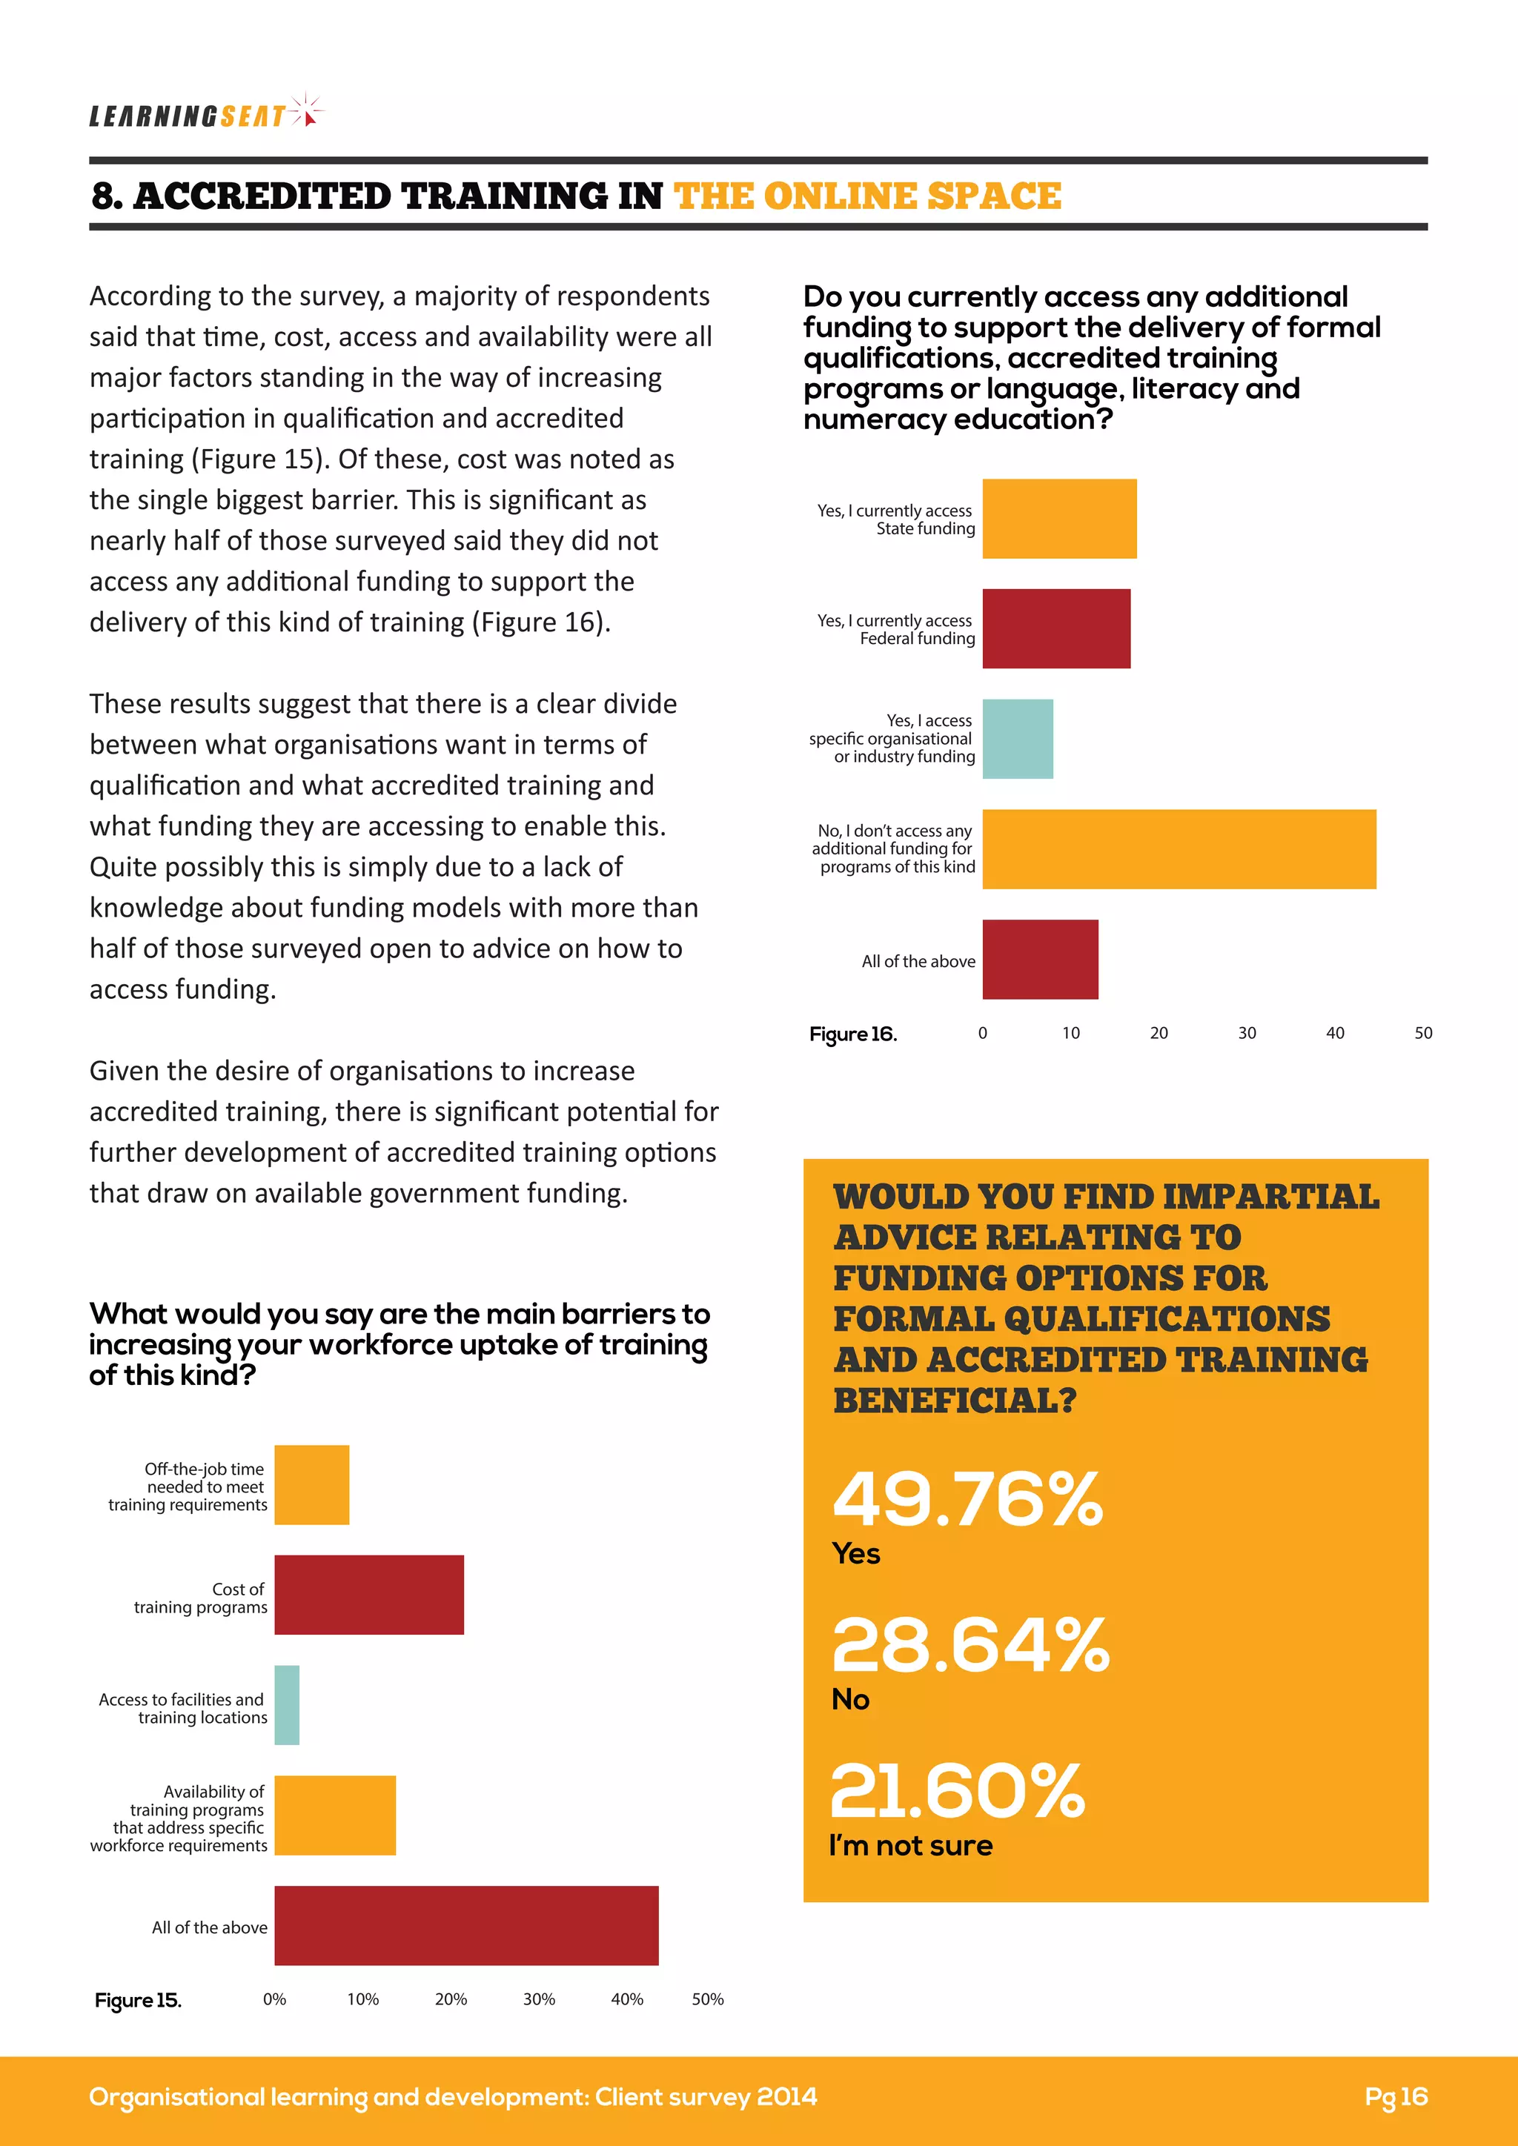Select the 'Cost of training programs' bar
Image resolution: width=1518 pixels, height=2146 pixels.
369,1595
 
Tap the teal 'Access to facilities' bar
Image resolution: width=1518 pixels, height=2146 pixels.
287,1705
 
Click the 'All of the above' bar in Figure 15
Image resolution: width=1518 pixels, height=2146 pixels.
466,1925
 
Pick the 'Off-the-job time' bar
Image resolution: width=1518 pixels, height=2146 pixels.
312,1485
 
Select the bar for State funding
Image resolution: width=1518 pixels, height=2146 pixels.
1059,519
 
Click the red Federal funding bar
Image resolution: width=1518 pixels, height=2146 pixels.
1056,628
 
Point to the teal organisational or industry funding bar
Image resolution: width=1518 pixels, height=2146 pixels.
1018,738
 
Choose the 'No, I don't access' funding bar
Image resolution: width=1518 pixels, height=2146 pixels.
1179,848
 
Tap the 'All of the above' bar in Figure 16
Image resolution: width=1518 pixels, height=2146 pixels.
1041,959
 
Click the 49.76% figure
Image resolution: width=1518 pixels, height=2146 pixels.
967,1499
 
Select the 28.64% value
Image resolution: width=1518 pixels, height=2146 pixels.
970,1645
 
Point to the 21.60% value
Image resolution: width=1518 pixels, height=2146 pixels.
957,1791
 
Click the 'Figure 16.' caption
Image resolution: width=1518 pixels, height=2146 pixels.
852,1034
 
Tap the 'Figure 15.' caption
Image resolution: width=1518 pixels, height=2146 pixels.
139,2000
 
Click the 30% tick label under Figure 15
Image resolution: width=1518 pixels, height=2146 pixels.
540,1999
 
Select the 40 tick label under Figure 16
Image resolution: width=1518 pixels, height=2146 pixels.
1335,1033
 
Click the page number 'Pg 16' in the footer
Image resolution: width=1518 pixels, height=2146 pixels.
1396,2096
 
